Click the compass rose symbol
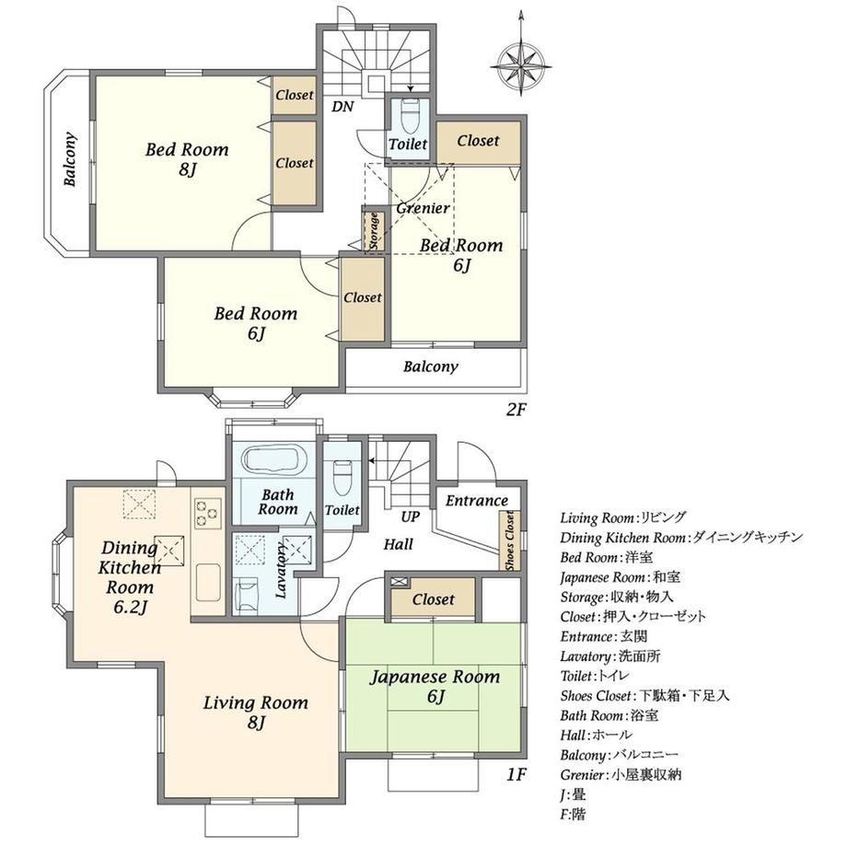coord(521,64)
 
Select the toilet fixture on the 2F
coord(410,116)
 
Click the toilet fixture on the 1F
coord(342,479)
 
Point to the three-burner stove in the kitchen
coord(208,513)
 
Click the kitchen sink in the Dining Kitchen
coord(208,583)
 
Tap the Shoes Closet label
coord(509,540)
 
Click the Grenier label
coord(423,208)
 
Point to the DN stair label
coord(342,107)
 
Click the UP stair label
coord(410,517)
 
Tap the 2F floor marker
coord(516,410)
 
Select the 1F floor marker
coord(516,774)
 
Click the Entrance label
coord(477,501)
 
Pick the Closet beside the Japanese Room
coord(434,598)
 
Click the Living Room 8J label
coord(256,712)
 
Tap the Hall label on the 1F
coord(398,544)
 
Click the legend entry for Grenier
coord(621,775)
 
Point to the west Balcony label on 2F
coord(70,159)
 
